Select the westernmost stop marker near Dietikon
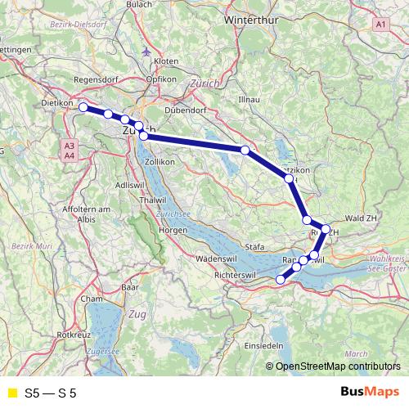click(83, 107)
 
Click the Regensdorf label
click(97, 79)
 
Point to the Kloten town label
click(165, 61)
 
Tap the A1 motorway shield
click(381, 25)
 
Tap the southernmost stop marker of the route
click(281, 279)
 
